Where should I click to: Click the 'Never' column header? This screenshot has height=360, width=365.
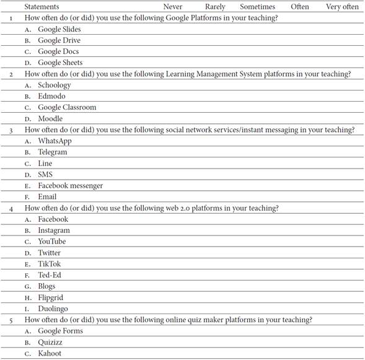pyautogui.click(x=173, y=7)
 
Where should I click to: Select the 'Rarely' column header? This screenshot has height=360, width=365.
pyautogui.click(x=215, y=7)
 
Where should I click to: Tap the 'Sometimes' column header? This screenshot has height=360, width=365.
pyautogui.click(x=257, y=7)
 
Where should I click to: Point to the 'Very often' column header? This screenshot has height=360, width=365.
pyautogui.click(x=342, y=7)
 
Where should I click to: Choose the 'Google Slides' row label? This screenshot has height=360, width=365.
pyautogui.click(x=59, y=29)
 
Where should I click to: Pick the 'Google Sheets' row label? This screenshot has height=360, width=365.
pyautogui.click(x=60, y=63)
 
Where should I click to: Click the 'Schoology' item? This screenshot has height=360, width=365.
pyautogui.click(x=55, y=85)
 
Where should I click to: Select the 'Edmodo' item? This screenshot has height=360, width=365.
pyautogui.click(x=51, y=96)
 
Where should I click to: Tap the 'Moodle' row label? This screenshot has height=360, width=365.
pyautogui.click(x=50, y=118)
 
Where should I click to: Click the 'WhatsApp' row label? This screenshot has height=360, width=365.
pyautogui.click(x=55, y=141)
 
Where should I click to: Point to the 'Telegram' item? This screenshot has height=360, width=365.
pyautogui.click(x=53, y=152)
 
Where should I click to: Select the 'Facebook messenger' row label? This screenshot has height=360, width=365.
pyautogui.click(x=70, y=185)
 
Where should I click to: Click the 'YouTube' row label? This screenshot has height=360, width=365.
pyautogui.click(x=51, y=241)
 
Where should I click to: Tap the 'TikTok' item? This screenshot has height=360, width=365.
pyautogui.click(x=50, y=264)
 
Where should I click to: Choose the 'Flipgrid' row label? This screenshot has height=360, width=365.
pyautogui.click(x=51, y=297)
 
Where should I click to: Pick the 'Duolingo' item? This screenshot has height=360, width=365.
pyautogui.click(x=53, y=309)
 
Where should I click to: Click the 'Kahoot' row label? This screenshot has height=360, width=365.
pyautogui.click(x=50, y=353)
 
